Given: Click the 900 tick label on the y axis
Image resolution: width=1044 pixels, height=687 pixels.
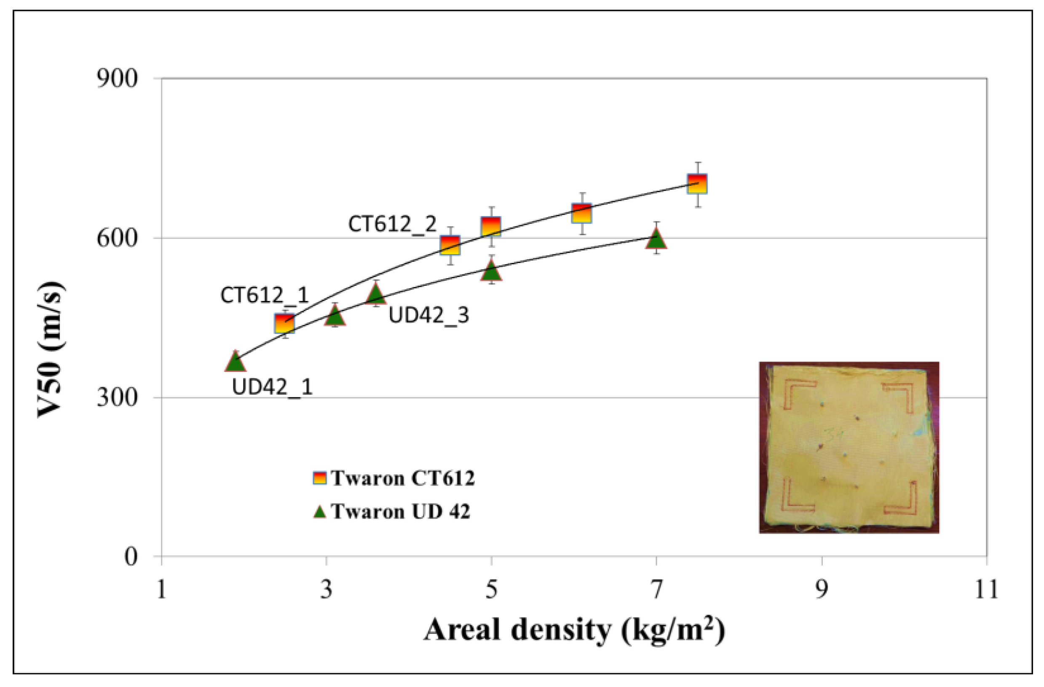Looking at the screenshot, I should click(117, 79).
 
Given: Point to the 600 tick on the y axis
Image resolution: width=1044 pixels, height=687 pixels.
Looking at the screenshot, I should click(117, 239).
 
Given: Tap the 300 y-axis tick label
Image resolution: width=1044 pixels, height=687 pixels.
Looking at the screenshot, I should click(117, 398).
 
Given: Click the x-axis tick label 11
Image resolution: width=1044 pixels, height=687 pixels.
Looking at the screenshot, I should click(986, 590).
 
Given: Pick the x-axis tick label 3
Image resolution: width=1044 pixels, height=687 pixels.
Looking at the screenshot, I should click(326, 590).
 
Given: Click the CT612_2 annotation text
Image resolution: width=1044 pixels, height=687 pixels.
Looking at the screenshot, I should click(392, 225).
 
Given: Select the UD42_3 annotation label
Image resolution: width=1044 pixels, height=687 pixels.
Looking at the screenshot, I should click(428, 315).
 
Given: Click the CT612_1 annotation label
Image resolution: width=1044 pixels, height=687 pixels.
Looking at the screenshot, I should click(265, 295).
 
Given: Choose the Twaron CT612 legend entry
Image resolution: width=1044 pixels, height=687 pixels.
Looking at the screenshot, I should click(394, 478).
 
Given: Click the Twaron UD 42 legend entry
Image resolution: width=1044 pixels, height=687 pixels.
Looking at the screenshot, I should click(391, 512).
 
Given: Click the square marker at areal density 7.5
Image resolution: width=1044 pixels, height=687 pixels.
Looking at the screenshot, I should click(697, 184).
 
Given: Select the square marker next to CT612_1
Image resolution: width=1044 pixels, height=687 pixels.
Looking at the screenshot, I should click(284, 324).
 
